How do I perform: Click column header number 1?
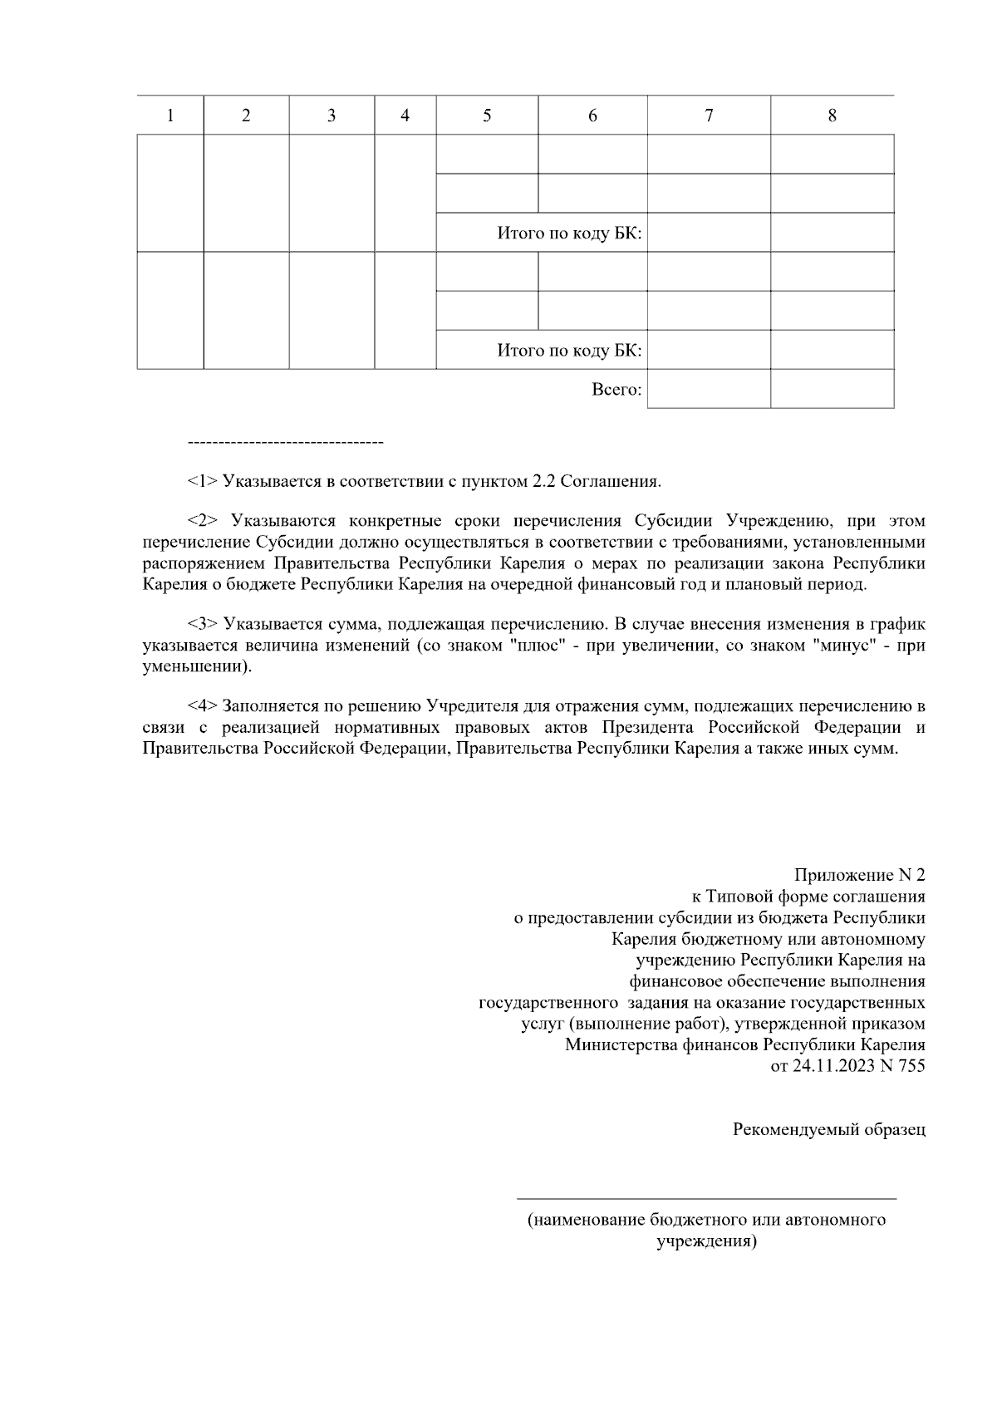170,116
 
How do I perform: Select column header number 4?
405,116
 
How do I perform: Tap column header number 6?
592,116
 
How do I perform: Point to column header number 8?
832,116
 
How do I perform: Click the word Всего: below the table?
616,389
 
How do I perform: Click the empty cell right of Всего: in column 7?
709,389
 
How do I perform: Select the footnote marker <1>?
203,481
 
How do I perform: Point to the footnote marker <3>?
203,624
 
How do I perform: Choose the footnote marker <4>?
203,706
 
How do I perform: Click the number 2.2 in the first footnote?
544,481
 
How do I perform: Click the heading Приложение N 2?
859,875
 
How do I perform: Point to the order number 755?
911,1066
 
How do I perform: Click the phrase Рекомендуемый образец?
828,1130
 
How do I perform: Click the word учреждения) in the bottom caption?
706,1242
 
